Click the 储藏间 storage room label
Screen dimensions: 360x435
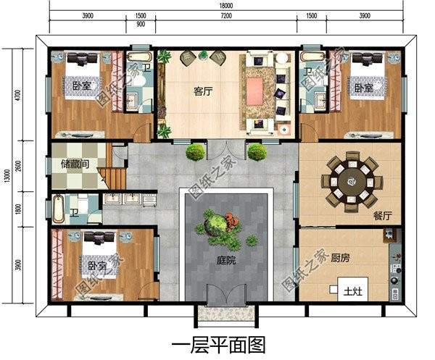75,164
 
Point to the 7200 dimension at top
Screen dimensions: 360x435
226,15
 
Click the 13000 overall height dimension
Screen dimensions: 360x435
6,175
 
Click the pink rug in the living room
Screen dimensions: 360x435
255,91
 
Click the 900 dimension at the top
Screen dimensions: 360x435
141,24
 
